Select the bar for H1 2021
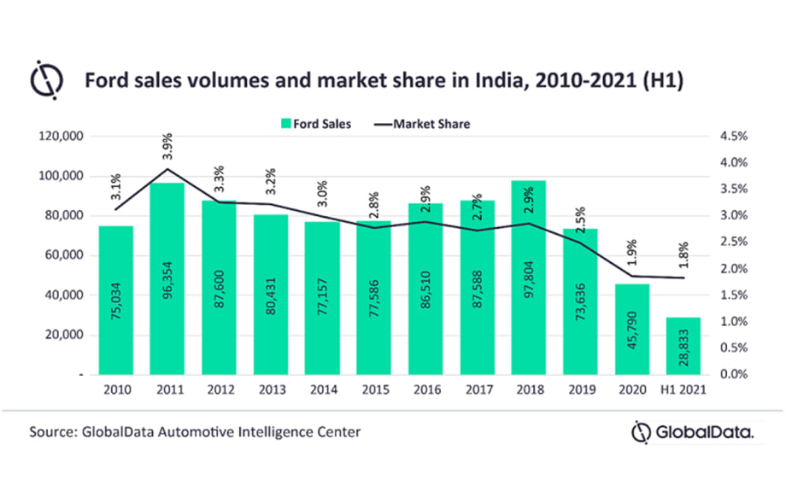(x=683, y=346)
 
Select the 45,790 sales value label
(x=631, y=337)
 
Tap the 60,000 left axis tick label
(x=62, y=255)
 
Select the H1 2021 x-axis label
(x=683, y=390)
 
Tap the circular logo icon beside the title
(x=47, y=79)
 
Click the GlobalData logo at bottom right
(x=692, y=433)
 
